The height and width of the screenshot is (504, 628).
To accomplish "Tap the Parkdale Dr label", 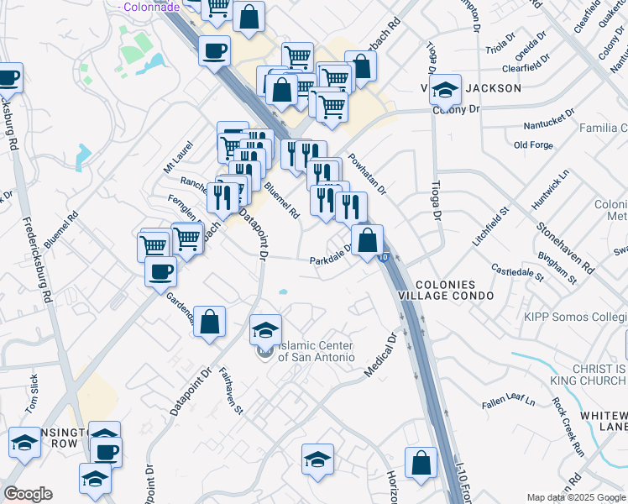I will click(x=334, y=260).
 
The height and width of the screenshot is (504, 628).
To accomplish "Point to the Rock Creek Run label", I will click(x=568, y=415).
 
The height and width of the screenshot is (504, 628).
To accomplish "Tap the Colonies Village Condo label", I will click(x=454, y=291).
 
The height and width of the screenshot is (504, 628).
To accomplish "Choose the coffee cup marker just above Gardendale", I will click(x=160, y=271).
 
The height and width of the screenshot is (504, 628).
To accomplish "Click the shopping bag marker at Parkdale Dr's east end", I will click(x=367, y=240).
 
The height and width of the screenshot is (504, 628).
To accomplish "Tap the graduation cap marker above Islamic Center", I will click(x=265, y=329).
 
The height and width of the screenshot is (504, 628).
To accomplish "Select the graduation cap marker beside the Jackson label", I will click(x=445, y=89).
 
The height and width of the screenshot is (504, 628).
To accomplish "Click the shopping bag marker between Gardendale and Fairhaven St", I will click(x=210, y=320).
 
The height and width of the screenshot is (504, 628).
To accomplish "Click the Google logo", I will click(x=28, y=494).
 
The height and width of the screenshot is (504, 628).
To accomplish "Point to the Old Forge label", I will click(x=532, y=144).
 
